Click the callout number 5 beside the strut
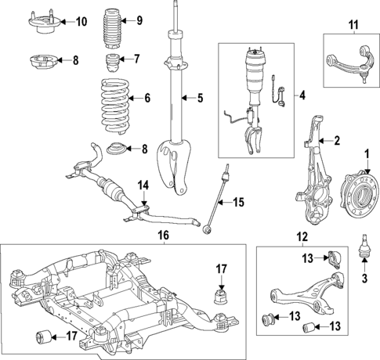[x=199, y=98]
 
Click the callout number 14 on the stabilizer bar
[x=143, y=185]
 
